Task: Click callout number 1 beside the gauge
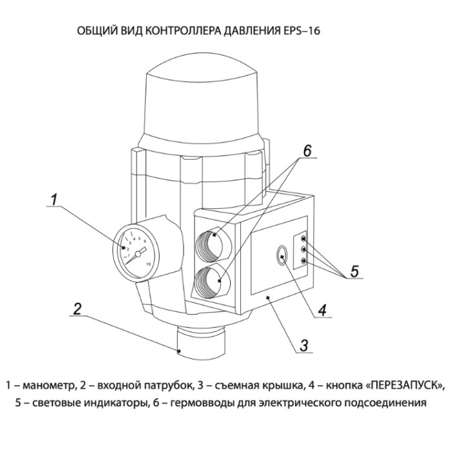pyautogui.click(x=53, y=200)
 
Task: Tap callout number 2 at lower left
pyautogui.click(x=77, y=309)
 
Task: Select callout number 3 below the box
pyautogui.click(x=303, y=346)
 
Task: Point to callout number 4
pyautogui.click(x=322, y=311)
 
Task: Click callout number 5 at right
pyautogui.click(x=354, y=271)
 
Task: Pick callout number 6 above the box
pyautogui.click(x=307, y=151)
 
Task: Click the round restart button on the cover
pyautogui.click(x=282, y=255)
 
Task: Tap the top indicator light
pyautogui.click(x=303, y=239)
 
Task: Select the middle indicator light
pyautogui.click(x=303, y=250)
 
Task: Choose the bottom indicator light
pyautogui.click(x=303, y=261)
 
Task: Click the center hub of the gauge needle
pyautogui.click(x=138, y=254)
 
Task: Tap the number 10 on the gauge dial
pyautogui.click(x=148, y=264)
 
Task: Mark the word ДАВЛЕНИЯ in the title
pyautogui.click(x=250, y=31)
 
